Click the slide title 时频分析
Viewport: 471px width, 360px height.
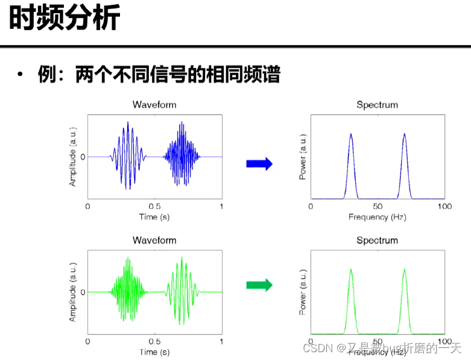coord(65,19)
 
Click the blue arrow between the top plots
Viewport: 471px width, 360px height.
coord(259,163)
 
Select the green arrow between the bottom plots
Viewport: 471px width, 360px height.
coord(259,285)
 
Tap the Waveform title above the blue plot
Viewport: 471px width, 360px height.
coord(154,105)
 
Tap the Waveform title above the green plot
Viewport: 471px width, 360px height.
coord(154,240)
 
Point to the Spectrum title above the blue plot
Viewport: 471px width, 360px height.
coord(377,105)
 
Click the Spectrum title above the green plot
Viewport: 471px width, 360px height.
coord(377,240)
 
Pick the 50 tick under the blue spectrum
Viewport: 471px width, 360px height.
coord(378,206)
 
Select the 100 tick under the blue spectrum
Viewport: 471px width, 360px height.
coord(444,206)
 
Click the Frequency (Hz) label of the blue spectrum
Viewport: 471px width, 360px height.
coord(378,216)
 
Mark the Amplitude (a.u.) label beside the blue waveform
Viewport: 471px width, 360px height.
coord(73,156)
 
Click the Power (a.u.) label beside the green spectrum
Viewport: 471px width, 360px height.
coord(303,291)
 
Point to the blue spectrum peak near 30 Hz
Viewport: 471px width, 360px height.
coord(351,135)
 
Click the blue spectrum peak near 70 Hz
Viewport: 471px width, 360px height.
coord(404,135)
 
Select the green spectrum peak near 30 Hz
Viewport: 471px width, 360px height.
coord(351,270)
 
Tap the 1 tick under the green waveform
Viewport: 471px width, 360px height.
coord(221,341)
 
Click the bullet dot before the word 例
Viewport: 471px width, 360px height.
coord(20,75)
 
